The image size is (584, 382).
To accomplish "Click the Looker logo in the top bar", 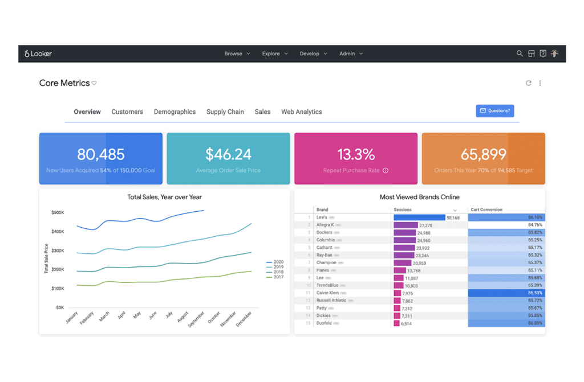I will point(38,54).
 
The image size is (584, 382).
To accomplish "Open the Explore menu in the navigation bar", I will point(274,54).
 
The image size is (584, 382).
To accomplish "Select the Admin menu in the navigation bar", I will point(350,54).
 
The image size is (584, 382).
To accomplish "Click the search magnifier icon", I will point(520,54).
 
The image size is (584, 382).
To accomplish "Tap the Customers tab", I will point(127,112).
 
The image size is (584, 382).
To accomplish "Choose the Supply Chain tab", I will point(225,112).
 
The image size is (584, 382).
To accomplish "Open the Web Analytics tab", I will point(301,112).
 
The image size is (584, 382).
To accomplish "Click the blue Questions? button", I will point(494,111).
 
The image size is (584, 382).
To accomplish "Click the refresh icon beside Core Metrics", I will point(529,83).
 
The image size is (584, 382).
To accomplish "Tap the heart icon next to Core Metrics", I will point(94,83).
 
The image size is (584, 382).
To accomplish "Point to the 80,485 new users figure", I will point(100,154).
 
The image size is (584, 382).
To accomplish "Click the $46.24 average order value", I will point(228,154).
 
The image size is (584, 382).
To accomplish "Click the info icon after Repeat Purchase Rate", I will point(386,170).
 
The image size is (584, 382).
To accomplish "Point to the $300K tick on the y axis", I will point(57,250).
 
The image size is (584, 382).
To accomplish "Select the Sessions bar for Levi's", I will point(419,217).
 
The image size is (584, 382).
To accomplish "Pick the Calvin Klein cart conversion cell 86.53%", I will point(506,293).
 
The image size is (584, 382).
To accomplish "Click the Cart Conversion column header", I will point(486,210).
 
